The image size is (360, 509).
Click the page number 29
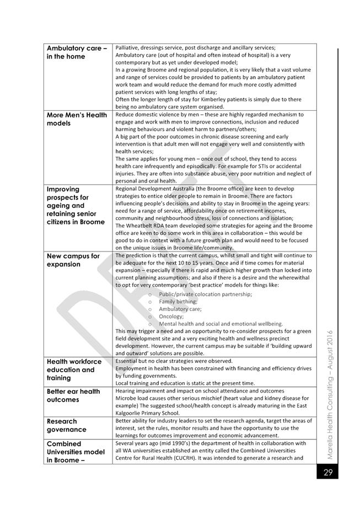pyautogui.click(x=327, y=473)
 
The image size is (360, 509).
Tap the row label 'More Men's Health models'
pyautogui.click(x=77, y=119)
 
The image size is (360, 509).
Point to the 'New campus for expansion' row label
pyautogui.click(x=73, y=260)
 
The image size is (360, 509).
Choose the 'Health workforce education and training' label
pyautogui.click(x=74, y=369)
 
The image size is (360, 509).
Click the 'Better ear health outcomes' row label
pyautogui.click(x=73, y=395)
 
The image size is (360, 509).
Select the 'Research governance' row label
pyautogui.click(x=67, y=425)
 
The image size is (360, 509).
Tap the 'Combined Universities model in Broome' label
pyautogui.click(x=76, y=452)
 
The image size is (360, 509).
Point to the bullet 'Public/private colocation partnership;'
pyautogui.click(x=205, y=294)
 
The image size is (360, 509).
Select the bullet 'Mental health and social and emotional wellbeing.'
pyautogui.click(x=221, y=324)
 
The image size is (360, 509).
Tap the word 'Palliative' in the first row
pyautogui.click(x=128, y=48)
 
